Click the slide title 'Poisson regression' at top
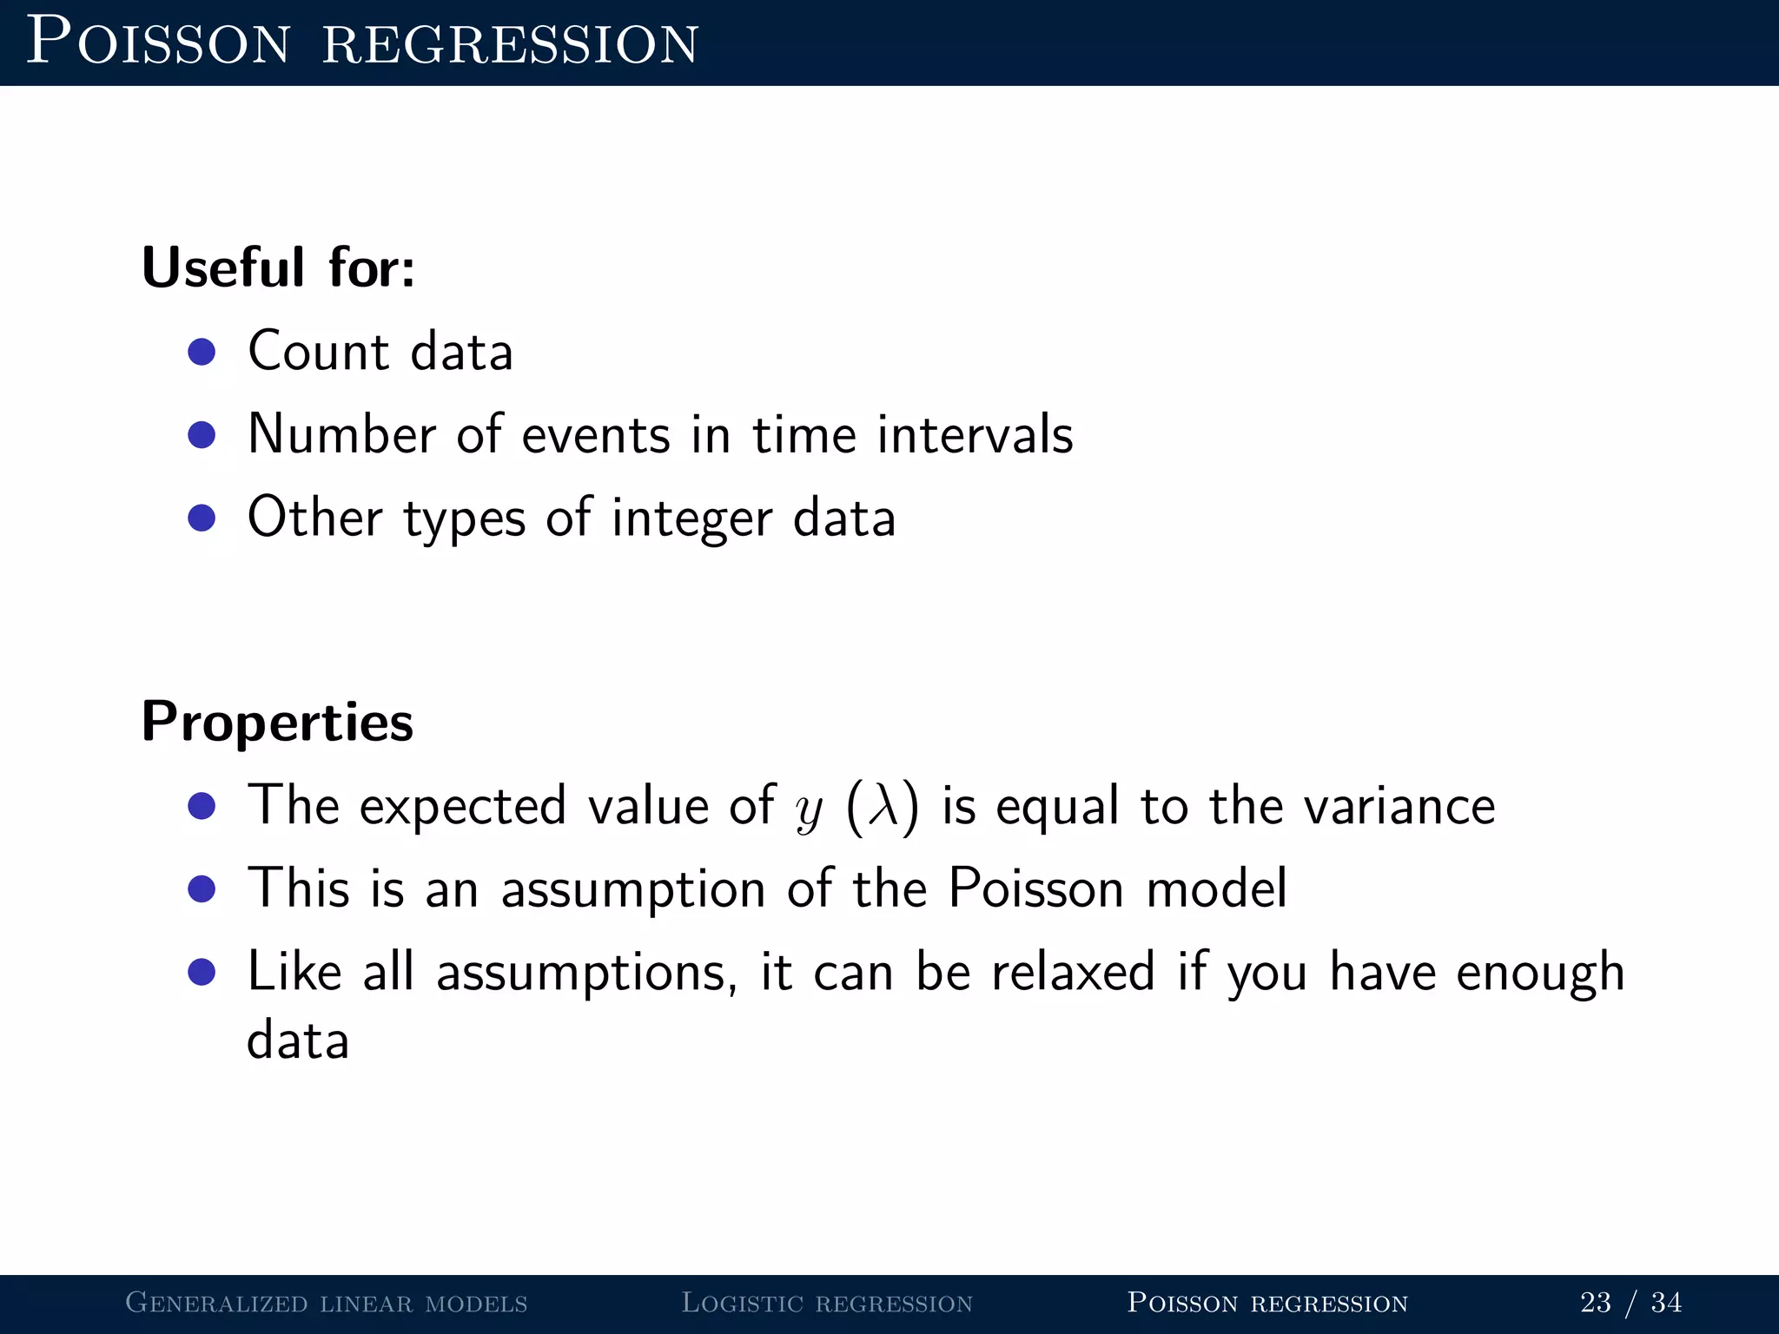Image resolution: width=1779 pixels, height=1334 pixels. pos(362,42)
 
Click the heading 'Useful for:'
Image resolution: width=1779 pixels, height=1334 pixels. pos(278,267)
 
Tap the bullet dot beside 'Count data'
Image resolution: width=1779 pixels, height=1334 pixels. pos(202,352)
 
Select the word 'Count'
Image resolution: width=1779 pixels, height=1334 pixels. pos(318,352)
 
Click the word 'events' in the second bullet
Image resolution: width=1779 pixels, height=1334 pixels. pos(595,434)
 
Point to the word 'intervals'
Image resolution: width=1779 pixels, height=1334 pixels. pos(975,434)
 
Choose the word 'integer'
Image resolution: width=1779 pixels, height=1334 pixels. pos(691,518)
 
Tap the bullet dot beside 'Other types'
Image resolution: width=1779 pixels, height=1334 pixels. pos(202,518)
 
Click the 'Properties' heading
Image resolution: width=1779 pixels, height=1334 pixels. pos(277,723)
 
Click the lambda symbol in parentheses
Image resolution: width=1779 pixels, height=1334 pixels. pos(883,806)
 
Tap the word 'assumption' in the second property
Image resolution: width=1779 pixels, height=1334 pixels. pos(632,889)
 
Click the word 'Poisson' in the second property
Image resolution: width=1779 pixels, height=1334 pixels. pos(1035,889)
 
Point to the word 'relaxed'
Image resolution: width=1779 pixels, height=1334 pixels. pos(1073,972)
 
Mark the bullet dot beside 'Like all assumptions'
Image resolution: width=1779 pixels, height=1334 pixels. pos(202,972)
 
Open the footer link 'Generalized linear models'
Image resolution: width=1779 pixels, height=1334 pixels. pos(327,1303)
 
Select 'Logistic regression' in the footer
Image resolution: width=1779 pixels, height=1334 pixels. pos(827,1303)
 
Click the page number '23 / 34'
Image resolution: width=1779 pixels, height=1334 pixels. pos(1630,1303)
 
